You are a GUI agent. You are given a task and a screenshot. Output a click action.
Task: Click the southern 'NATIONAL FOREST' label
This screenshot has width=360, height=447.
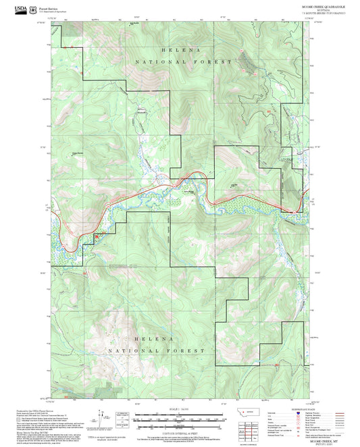click(x=157, y=351)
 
